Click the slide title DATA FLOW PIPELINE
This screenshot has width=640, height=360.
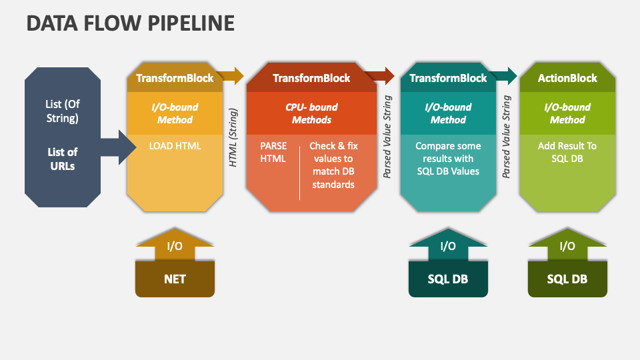pos(131,23)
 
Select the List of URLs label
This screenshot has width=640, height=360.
pos(63,159)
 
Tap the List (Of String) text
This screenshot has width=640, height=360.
pos(63,111)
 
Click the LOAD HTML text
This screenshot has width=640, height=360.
pos(175,146)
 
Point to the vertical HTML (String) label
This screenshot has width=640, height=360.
pos(233,137)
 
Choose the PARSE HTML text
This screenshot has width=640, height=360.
pos(273,152)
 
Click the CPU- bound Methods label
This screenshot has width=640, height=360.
pos(311,113)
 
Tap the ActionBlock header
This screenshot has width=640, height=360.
pos(567,78)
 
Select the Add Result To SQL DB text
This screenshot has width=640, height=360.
pos(567,152)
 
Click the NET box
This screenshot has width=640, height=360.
pos(175,279)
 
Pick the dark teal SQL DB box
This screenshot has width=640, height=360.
pos(448,279)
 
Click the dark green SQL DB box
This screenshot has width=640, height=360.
pos(567,279)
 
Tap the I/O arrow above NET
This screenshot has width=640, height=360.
pos(175,245)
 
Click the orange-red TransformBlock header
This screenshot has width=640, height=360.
pos(311,78)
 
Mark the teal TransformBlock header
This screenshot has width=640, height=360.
pos(448,78)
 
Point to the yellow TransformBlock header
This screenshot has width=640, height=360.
pos(175,78)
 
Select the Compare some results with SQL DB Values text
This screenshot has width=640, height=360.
pos(448,159)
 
